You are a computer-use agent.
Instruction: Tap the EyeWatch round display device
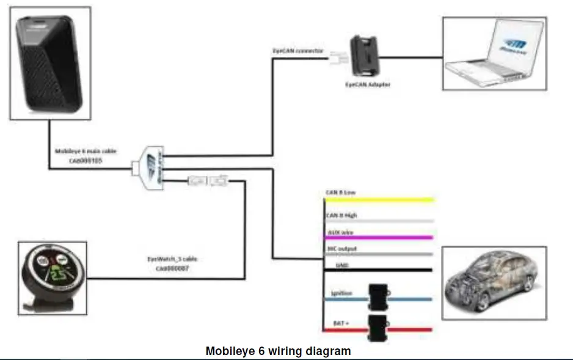point(51,276)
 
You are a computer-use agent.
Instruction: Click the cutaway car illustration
point(493,283)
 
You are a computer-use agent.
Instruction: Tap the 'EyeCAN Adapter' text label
point(365,84)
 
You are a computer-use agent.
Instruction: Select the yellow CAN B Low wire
point(379,199)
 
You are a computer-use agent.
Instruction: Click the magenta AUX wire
point(379,237)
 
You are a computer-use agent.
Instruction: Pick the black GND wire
point(379,270)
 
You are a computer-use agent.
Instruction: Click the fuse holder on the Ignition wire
point(379,296)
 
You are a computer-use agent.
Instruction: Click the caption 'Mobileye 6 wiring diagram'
point(278,351)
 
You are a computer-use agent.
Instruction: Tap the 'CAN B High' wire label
point(341,215)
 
